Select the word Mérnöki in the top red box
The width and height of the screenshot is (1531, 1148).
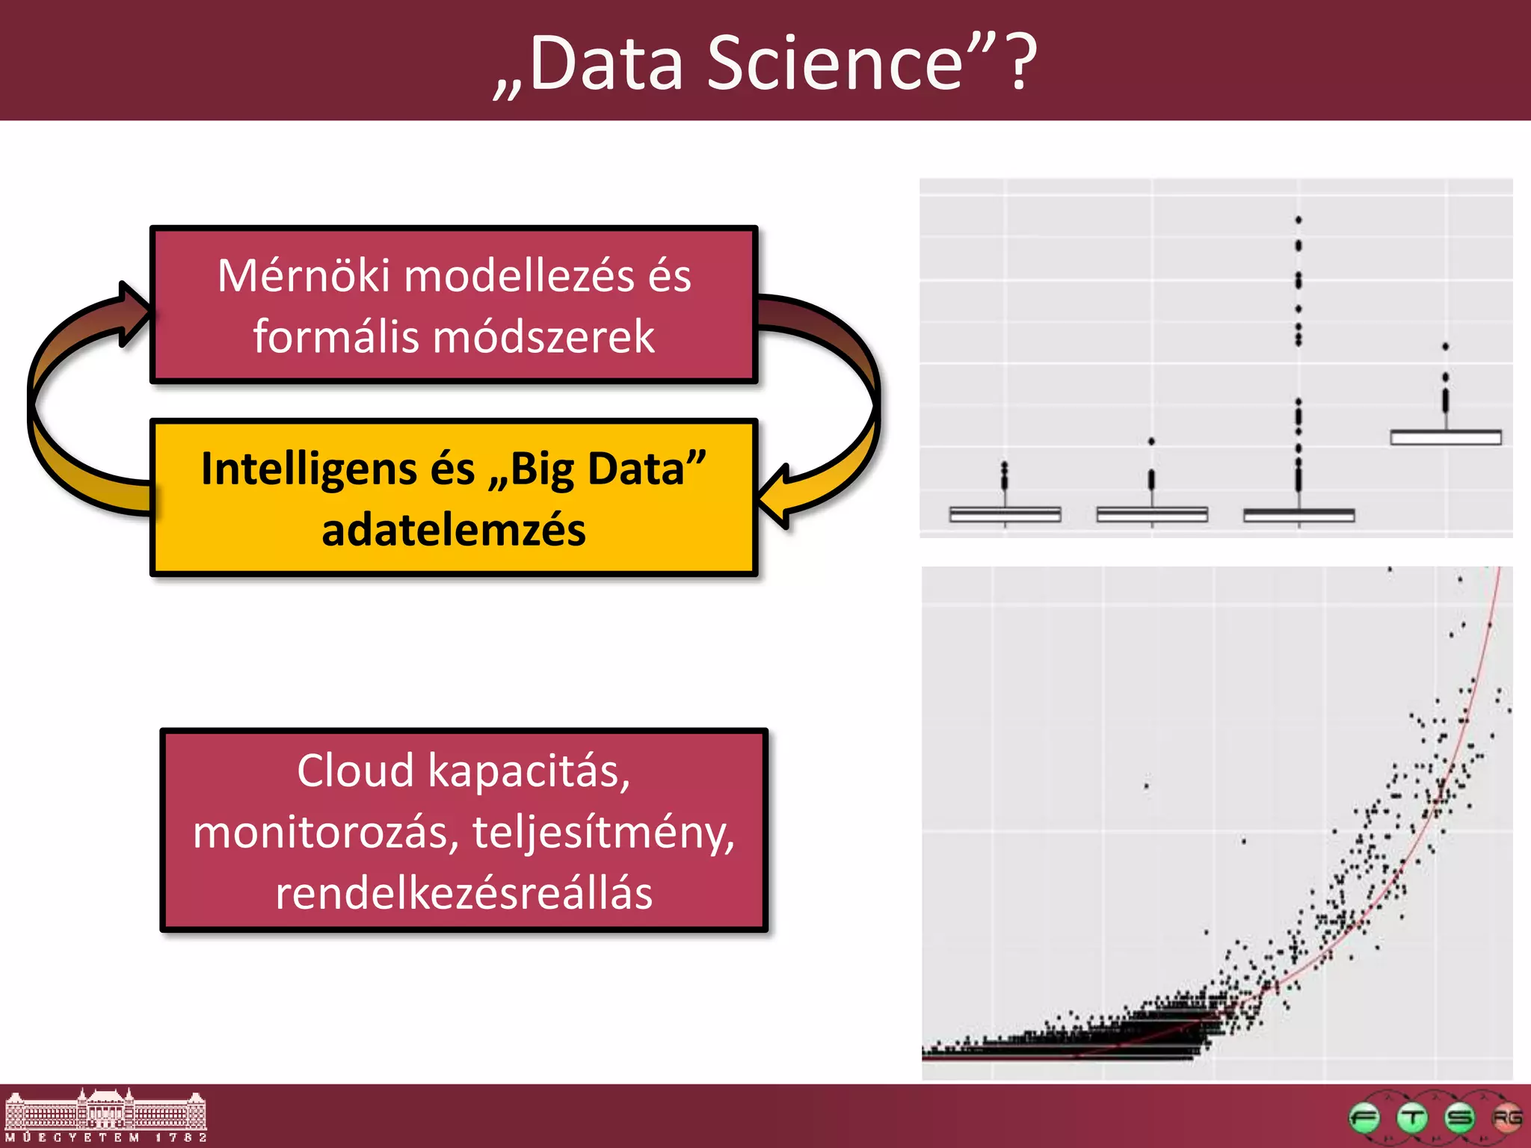304,276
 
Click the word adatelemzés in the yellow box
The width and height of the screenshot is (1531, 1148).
454,530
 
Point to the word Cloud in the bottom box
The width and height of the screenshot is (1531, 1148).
355,771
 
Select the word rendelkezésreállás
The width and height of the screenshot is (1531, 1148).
464,893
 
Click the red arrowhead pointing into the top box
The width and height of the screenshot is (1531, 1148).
135,314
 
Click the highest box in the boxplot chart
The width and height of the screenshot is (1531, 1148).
1446,437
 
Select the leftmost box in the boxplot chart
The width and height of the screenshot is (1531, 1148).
1005,514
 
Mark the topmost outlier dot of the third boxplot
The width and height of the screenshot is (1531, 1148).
1299,220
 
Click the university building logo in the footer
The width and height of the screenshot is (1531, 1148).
105,1115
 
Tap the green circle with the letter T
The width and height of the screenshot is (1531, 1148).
1411,1118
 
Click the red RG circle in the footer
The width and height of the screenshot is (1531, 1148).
1506,1118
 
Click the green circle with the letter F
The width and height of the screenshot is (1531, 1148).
1364,1118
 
